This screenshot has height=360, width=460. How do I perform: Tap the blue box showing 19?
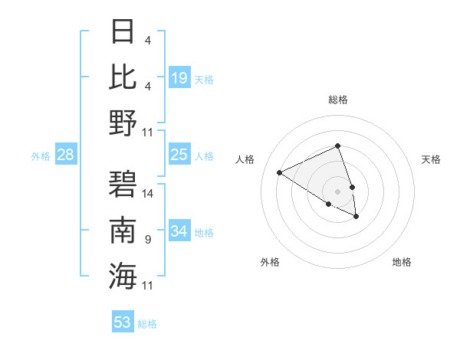(179, 77)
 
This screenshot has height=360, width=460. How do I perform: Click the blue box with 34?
(179, 231)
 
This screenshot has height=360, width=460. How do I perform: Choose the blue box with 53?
(123, 322)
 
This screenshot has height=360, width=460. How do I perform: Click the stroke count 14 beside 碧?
(148, 193)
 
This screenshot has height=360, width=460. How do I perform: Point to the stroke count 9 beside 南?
(148, 240)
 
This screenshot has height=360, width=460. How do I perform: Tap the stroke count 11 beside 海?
(148, 286)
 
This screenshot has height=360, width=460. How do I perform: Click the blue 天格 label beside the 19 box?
(204, 79)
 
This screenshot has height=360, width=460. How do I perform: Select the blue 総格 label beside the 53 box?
(147, 324)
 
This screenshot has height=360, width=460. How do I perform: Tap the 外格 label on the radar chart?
(270, 262)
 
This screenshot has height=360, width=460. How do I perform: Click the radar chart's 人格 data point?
(280, 172)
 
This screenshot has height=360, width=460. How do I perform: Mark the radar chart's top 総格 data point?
(337, 146)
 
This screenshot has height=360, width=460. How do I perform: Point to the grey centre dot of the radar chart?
(337, 191)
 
